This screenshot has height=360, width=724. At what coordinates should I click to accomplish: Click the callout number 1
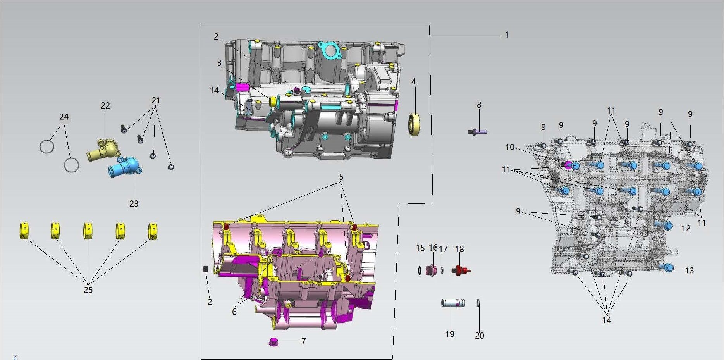click(x=507, y=35)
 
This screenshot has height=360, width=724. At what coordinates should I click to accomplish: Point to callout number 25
click(x=88, y=290)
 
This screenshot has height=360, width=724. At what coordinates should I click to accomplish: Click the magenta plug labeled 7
click(x=274, y=342)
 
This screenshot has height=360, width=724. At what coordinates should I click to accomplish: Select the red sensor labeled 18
click(x=461, y=270)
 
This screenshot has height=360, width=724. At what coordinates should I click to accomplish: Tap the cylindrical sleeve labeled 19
click(x=453, y=303)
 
